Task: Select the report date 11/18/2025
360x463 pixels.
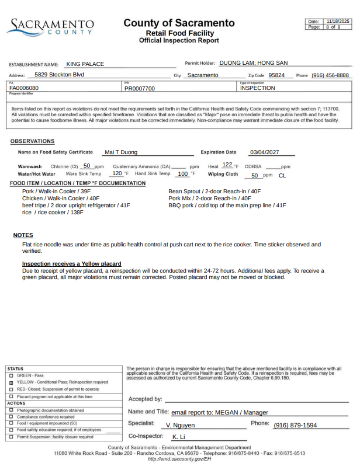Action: [x=337, y=21]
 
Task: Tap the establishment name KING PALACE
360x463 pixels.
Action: [x=85, y=64]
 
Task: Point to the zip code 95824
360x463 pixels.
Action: [x=276, y=75]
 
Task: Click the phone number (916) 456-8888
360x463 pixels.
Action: [x=330, y=75]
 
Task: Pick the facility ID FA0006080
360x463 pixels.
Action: [x=24, y=88]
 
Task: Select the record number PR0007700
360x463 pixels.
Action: [x=140, y=89]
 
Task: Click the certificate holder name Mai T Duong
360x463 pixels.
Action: [x=121, y=152]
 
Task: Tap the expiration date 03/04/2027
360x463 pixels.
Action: [x=266, y=152]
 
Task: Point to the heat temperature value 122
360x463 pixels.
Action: [x=227, y=165]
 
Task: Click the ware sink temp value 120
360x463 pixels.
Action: [x=117, y=173]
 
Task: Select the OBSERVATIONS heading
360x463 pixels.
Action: [x=33, y=141]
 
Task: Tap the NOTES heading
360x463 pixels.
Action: [x=23, y=235]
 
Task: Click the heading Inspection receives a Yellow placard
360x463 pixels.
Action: [x=71, y=264]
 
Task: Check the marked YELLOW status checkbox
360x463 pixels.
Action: [x=11, y=382]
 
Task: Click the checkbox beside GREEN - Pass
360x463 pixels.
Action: [x=11, y=375]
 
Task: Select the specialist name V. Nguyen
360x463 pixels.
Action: [x=181, y=426]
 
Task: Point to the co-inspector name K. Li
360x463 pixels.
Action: [x=178, y=437]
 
